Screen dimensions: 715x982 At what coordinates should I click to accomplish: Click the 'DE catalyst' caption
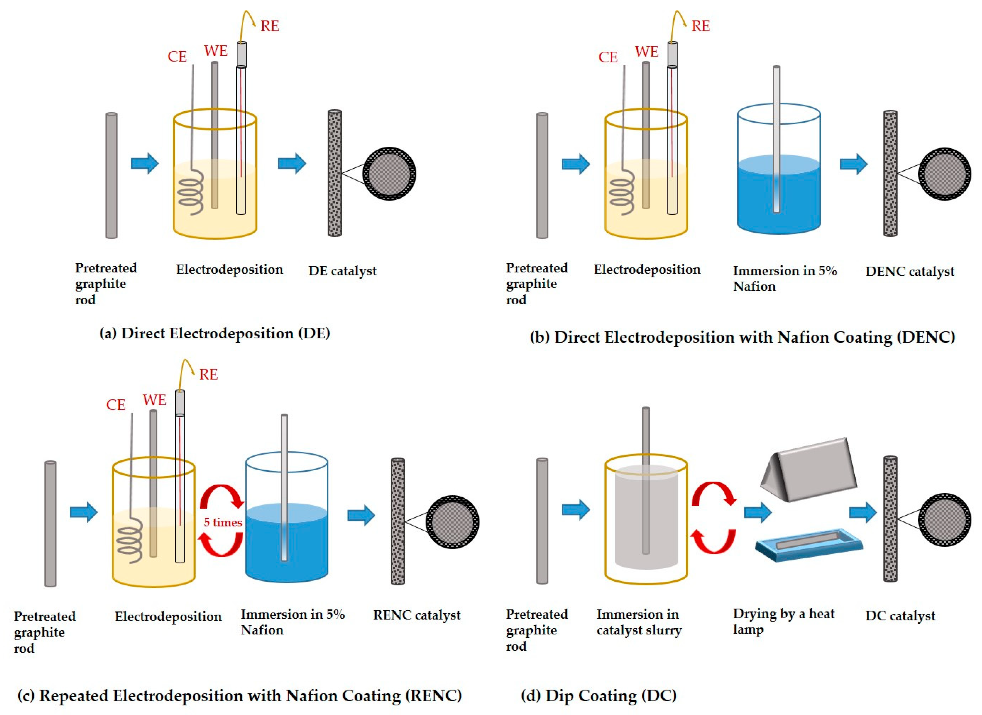(342, 271)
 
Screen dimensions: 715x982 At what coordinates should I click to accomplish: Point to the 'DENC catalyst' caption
(909, 272)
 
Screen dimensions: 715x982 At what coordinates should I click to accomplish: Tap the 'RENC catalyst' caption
(417, 615)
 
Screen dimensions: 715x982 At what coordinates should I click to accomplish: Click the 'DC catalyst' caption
(900, 615)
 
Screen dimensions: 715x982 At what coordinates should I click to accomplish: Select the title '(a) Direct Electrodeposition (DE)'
(215, 333)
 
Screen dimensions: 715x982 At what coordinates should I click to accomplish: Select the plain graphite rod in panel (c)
(50, 524)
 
